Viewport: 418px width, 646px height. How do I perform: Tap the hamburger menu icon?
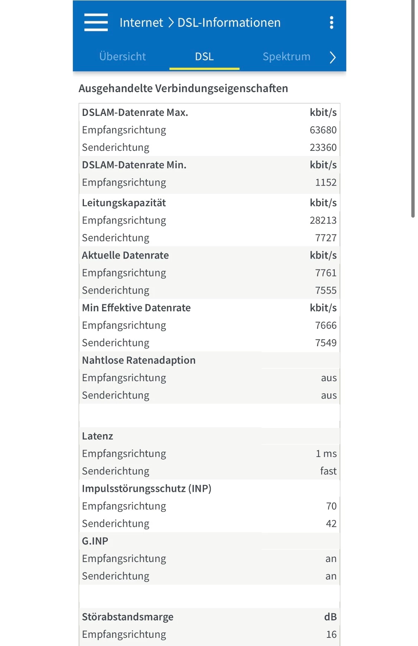[x=96, y=22]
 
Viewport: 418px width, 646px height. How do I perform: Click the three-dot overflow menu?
[x=331, y=23]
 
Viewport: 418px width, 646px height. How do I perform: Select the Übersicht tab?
[x=122, y=56]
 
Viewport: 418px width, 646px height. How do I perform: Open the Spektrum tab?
[x=286, y=56]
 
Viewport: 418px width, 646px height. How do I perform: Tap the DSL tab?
[x=204, y=56]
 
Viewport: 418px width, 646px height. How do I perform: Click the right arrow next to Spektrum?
[x=333, y=57]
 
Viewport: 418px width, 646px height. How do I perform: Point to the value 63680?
[x=323, y=130]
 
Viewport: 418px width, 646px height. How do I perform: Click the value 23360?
[x=323, y=147]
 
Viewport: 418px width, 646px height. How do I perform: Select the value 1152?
[x=325, y=182]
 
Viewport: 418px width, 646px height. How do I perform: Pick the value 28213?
[x=323, y=220]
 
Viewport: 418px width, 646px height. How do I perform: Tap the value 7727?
[x=325, y=238]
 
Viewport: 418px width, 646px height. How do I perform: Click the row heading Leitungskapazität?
[x=124, y=203]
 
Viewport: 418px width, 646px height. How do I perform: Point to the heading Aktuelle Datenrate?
[x=125, y=255]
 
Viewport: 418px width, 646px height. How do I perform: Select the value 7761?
[x=325, y=273]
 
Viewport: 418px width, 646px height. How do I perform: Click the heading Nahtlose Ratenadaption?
[x=139, y=360]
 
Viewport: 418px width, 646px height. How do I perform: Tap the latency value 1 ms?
[x=326, y=454]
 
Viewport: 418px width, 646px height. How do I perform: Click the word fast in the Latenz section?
[x=328, y=471]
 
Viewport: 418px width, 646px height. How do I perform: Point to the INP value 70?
[x=331, y=506]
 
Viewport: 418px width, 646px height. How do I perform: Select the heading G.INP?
[x=95, y=541]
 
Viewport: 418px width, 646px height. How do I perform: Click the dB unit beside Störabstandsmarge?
[x=330, y=617]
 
